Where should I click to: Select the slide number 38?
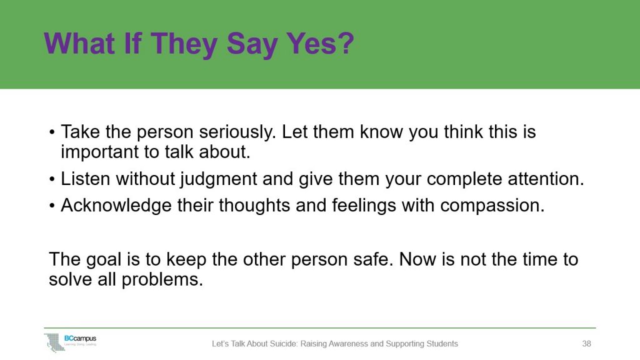click(586, 344)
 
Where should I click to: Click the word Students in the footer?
click(440, 344)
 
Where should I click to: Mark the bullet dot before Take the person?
click(52, 134)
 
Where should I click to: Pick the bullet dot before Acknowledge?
click(52, 206)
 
